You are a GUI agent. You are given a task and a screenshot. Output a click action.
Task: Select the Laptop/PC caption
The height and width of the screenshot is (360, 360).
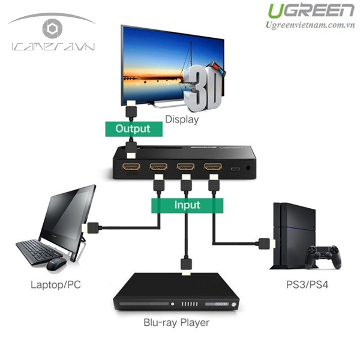click(55, 284)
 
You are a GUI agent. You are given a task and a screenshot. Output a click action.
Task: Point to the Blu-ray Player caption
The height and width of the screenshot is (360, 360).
click(176, 323)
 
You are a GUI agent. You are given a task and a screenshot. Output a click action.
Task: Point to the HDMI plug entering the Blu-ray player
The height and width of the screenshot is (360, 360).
click(186, 265)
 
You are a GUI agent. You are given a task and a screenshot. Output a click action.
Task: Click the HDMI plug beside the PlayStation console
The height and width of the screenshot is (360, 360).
click(264, 244)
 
